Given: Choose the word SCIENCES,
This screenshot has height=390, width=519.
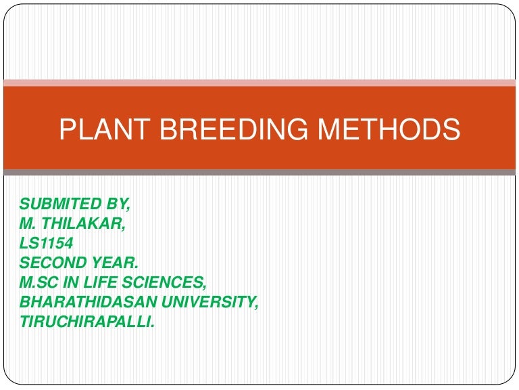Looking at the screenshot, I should pyautogui.click(x=164, y=282).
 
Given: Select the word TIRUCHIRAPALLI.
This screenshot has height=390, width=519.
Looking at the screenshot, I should pyautogui.click(x=88, y=322).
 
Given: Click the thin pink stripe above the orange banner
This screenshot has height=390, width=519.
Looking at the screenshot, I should pyautogui.click(x=259, y=83).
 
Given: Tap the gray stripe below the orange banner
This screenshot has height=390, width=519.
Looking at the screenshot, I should pyautogui.click(x=259, y=173).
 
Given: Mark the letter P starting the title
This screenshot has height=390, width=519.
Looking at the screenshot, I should pyautogui.click(x=66, y=129).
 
